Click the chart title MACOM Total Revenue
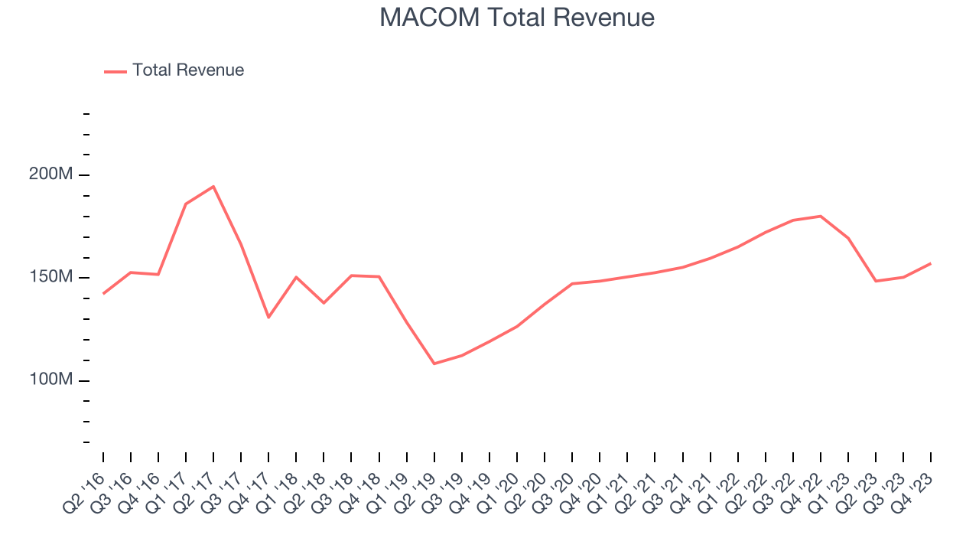517,18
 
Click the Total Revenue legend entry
187,70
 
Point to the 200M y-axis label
51,174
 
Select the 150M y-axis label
51,277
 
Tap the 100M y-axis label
51,380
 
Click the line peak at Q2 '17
213,186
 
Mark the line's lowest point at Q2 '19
434,364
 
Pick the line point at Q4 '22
821,216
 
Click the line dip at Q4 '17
268,317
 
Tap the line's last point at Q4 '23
931,263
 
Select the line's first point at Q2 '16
103,293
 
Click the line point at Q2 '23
876,281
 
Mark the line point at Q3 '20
572,284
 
